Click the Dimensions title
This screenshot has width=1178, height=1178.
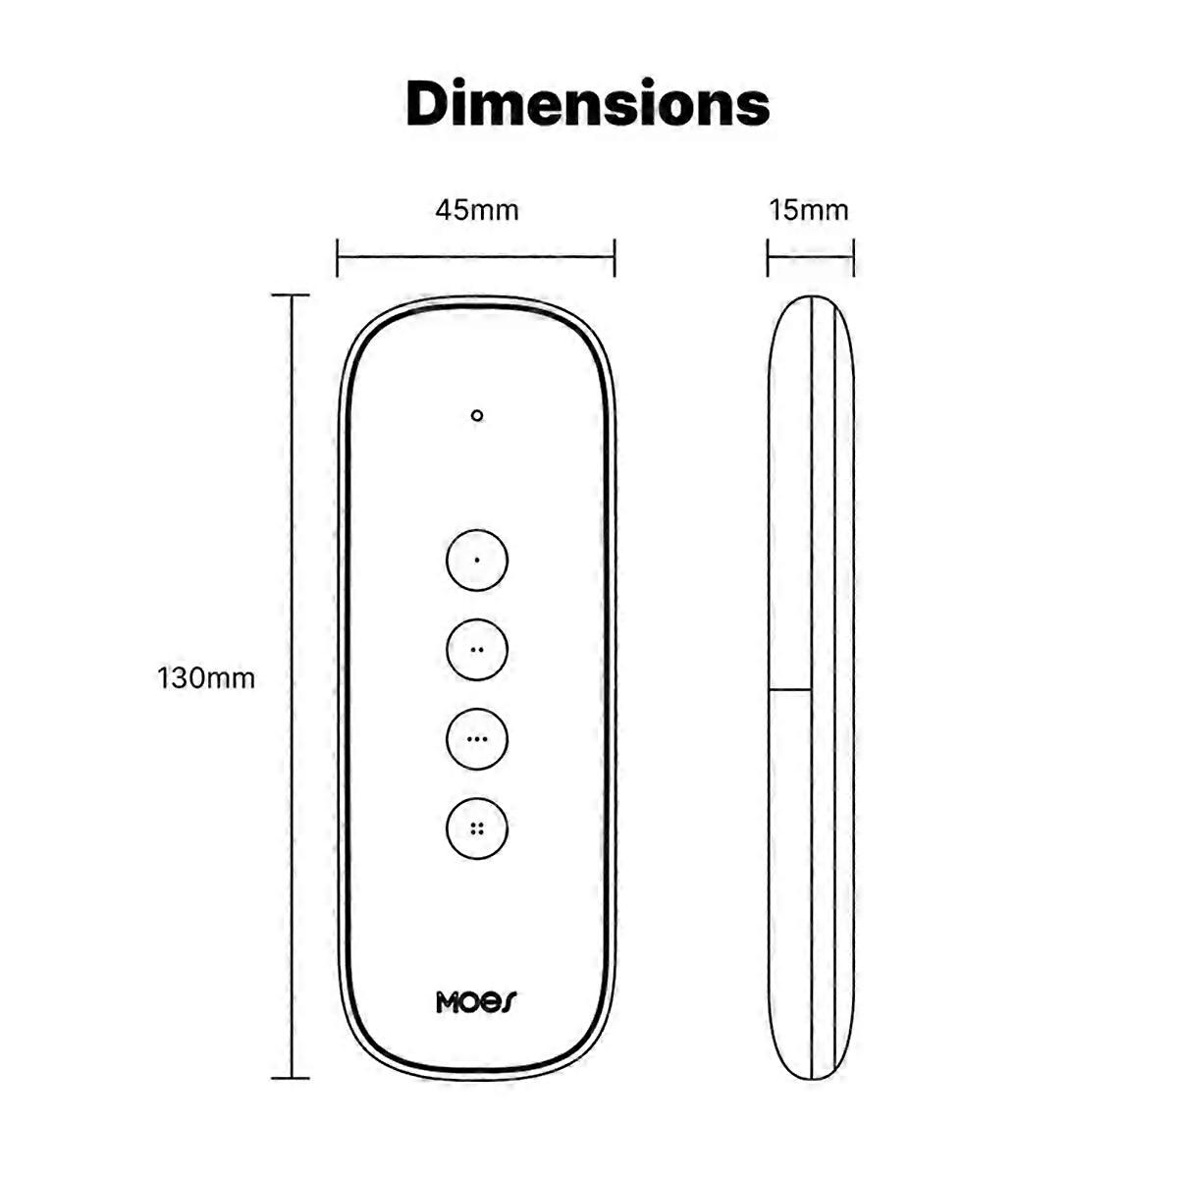tap(587, 104)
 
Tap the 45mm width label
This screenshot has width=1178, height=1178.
tap(476, 210)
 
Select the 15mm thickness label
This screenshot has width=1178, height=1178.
tap(809, 210)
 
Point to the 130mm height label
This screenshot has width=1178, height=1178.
tap(206, 678)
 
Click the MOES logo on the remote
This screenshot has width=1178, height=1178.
tap(476, 1002)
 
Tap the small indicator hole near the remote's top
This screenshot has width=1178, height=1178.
tap(477, 415)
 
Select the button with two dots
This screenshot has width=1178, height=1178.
tap(477, 650)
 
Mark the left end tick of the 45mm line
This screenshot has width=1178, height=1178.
tap(337, 258)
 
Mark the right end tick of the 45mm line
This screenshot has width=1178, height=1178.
tap(615, 258)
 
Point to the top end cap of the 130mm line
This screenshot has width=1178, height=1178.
tap(291, 294)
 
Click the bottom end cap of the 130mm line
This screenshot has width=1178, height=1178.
tap(291, 1078)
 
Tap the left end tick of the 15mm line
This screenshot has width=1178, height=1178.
tap(768, 258)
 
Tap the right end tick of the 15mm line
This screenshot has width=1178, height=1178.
tap(853, 258)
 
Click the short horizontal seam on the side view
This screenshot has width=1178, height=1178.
tap(790, 690)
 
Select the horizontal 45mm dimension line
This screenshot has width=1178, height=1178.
tap(476, 258)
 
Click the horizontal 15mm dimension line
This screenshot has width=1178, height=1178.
tap(810, 258)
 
